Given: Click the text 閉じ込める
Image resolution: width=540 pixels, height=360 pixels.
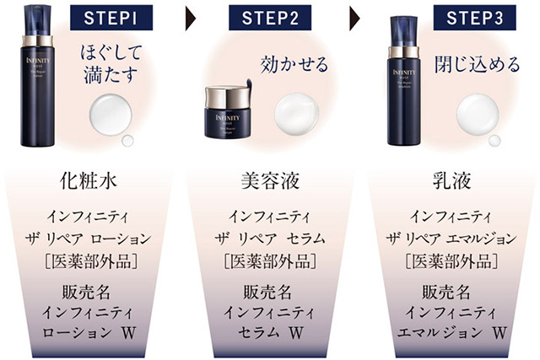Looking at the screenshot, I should pos(477,65).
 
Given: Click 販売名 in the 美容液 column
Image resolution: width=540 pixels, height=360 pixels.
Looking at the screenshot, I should pos(267,292).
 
